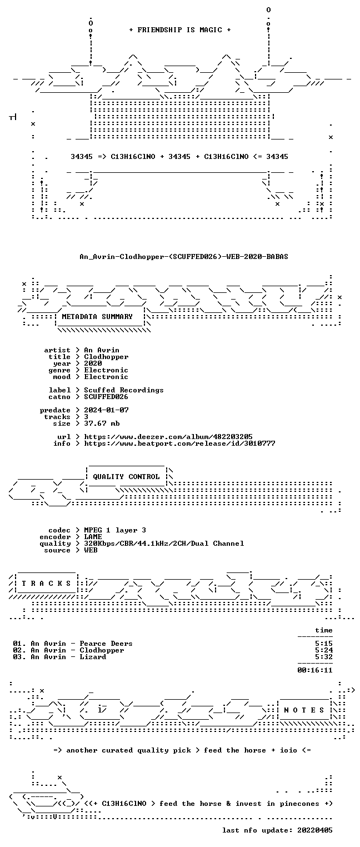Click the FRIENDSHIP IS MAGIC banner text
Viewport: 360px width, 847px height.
pyautogui.click(x=179, y=30)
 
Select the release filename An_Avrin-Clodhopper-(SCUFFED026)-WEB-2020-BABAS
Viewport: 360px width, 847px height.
pyautogui.click(x=184, y=257)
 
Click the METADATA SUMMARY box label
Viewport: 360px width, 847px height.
pyautogui.click(x=97, y=316)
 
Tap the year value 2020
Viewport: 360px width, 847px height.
pyautogui.click(x=93, y=363)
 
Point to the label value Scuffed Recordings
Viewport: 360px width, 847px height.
pyautogui.click(x=124, y=390)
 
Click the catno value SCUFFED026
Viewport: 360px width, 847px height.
pyautogui.click(x=106, y=397)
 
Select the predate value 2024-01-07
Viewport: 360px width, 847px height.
pyautogui.click(x=106, y=410)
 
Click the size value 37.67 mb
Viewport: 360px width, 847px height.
pyautogui.click(x=102, y=423)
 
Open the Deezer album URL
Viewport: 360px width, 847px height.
pyautogui.click(x=168, y=437)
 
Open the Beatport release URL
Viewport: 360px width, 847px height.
pyautogui.click(x=179, y=443)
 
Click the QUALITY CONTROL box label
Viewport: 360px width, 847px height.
pyautogui.click(x=126, y=477)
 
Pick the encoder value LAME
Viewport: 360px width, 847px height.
pyautogui.click(x=93, y=537)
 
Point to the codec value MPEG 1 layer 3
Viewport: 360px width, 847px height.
pyautogui.click(x=115, y=530)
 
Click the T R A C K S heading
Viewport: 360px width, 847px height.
pyautogui.click(x=46, y=584)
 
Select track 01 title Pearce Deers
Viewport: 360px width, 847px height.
pyautogui.click(x=106, y=644)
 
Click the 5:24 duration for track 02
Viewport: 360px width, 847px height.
pyautogui.click(x=324, y=650)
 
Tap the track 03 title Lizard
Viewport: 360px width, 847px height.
pyautogui.click(x=93, y=657)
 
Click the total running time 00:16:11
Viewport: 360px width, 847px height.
pyautogui.click(x=315, y=670)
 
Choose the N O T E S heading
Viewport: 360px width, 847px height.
pyautogui.click(x=304, y=710)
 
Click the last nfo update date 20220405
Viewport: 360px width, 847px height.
pyautogui.click(x=315, y=830)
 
